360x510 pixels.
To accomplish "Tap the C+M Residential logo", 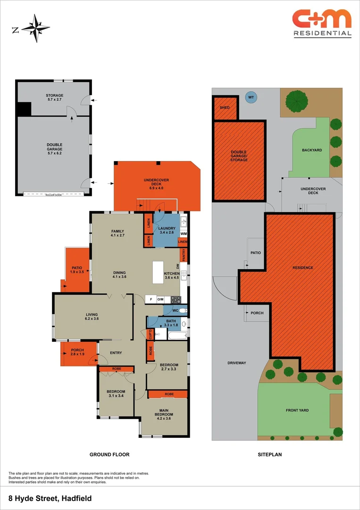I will coord(322,23).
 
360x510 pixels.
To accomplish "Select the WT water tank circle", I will coord(251,97).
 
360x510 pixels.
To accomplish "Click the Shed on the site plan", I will coord(225,108).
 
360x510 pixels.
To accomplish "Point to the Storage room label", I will coord(54,98).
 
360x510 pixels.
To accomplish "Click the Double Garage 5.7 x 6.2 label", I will coord(54,149).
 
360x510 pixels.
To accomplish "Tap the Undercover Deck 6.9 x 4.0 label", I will coord(156,183).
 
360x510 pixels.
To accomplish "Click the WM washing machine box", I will coord(184,234).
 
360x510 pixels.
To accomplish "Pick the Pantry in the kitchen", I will coord(184,255).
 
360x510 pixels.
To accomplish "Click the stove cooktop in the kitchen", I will coord(176,299).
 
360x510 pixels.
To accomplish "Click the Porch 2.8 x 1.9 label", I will coord(77,352).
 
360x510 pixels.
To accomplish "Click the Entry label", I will coord(116,353).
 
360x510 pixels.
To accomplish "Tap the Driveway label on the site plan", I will coord(237,363).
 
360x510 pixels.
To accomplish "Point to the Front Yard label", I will coord(297,410).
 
